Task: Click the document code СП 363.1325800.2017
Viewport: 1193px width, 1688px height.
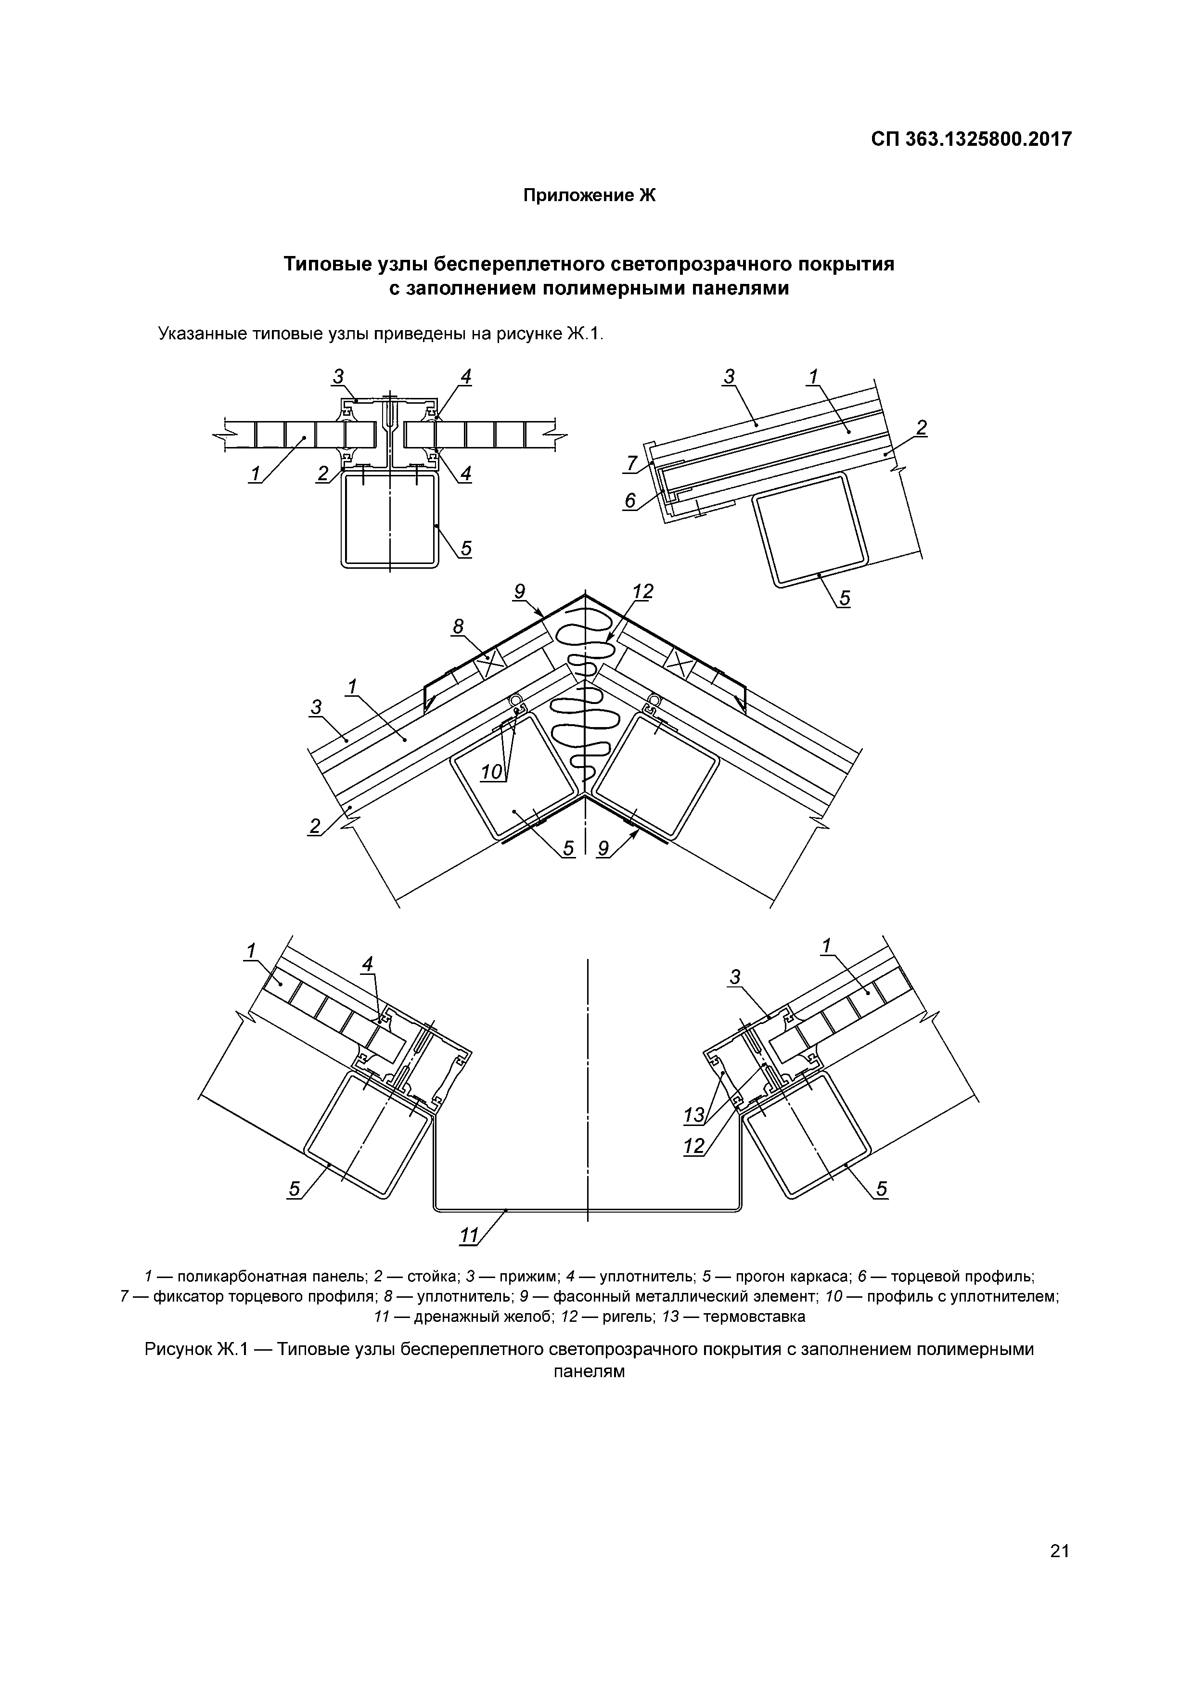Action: point(971,139)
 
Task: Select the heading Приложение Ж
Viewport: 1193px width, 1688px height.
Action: point(588,195)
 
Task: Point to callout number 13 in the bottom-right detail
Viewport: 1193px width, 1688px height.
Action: point(693,1115)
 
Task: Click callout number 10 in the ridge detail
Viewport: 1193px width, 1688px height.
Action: point(491,772)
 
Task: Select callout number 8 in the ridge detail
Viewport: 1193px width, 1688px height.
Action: point(458,627)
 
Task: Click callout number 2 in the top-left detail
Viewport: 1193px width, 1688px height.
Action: point(323,474)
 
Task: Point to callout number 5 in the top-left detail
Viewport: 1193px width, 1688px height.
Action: point(465,549)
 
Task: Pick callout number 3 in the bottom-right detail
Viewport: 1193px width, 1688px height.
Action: point(734,977)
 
